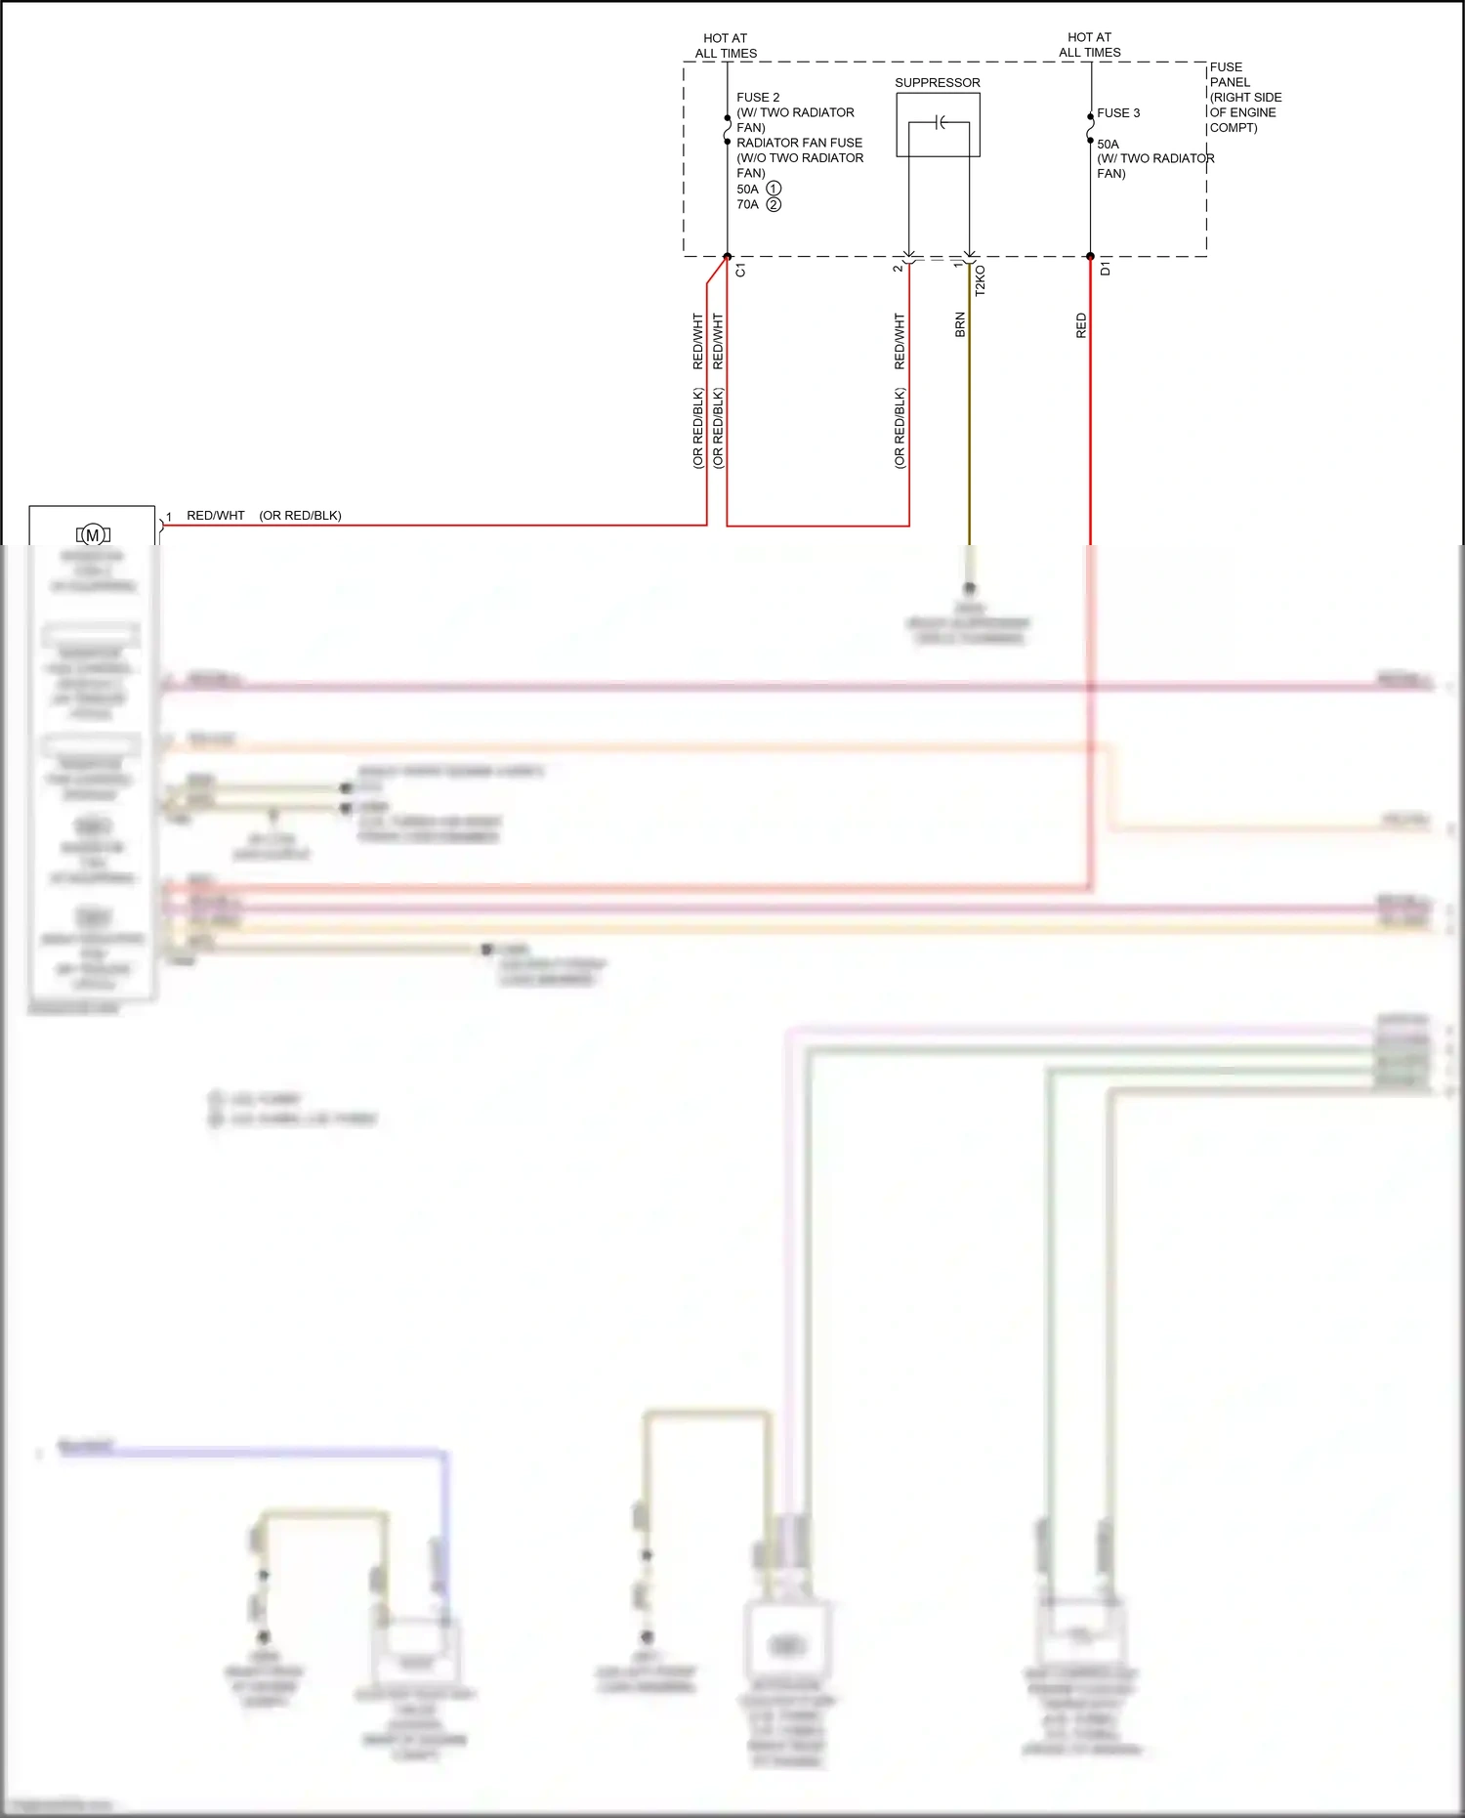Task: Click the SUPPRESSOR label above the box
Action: (x=937, y=83)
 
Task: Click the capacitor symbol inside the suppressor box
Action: (x=940, y=122)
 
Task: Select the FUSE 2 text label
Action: (x=758, y=98)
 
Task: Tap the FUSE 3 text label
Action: (x=1117, y=113)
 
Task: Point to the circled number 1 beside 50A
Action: (x=774, y=189)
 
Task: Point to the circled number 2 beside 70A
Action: (x=774, y=204)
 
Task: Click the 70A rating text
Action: (x=747, y=204)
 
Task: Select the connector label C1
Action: (x=740, y=271)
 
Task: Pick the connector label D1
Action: (x=1105, y=269)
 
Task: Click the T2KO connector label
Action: (x=980, y=280)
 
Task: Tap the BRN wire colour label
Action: (x=960, y=325)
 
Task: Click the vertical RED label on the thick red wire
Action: (x=1081, y=326)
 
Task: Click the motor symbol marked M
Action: (x=93, y=534)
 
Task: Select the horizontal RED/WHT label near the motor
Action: (x=216, y=516)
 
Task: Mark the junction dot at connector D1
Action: (x=1090, y=257)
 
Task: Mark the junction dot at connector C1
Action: (x=727, y=257)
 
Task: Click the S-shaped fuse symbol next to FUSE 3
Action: (x=1090, y=128)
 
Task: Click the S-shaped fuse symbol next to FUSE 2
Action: (x=727, y=129)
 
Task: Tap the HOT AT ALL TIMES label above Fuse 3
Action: (x=1089, y=45)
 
